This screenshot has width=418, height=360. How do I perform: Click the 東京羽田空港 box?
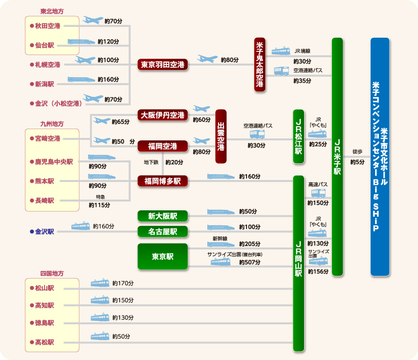pyautogui.click(x=163, y=64)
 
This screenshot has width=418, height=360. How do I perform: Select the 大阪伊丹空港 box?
pyautogui.click(x=163, y=115)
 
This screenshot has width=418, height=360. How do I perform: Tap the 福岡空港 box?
pyautogui.click(x=163, y=146)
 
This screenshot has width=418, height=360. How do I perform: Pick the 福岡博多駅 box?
pyautogui.click(x=163, y=181)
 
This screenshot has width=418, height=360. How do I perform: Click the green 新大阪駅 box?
pyautogui.click(x=163, y=216)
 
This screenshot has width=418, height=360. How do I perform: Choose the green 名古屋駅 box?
pyautogui.click(x=163, y=231)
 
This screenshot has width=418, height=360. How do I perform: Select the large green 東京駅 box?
pyautogui.click(x=163, y=256)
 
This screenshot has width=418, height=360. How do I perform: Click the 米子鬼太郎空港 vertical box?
pyautogui.click(x=260, y=64)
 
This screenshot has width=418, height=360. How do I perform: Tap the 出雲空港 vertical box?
pyautogui.click(x=221, y=136)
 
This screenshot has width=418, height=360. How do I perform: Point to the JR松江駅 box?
pyautogui.click(x=299, y=136)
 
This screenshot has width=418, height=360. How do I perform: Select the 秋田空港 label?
pyautogui.click(x=47, y=25)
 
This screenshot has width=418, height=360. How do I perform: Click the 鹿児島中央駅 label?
pyautogui.click(x=54, y=161)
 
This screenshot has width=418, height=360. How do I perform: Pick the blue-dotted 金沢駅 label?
pyautogui.click(x=44, y=231)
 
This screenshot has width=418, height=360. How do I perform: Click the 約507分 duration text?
pyautogui.click(x=249, y=263)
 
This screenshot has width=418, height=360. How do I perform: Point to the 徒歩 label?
pyautogui.click(x=357, y=151)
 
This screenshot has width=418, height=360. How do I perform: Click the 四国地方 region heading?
pyautogui.click(x=52, y=273)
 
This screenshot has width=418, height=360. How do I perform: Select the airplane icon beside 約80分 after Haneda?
pyautogui.click(x=207, y=59)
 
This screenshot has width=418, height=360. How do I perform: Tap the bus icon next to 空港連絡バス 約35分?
pyautogui.click(x=281, y=71)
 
